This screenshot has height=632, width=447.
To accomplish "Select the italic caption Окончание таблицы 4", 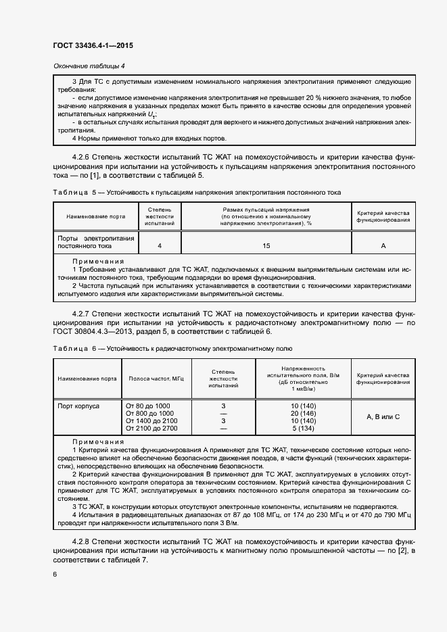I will tap(89, 66).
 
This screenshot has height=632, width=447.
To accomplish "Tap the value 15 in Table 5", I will tap(266, 245).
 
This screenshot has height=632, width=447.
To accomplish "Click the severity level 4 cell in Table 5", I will tap(160, 245).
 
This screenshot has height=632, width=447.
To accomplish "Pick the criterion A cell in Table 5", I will tap(383, 245).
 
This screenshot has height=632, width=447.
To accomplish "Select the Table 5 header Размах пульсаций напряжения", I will tap(266, 210).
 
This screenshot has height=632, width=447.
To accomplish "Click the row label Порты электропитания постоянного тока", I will tap(96, 243).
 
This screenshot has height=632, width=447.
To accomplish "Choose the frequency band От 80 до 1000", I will tap(148, 405).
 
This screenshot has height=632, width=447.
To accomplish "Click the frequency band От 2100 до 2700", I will tap(151, 428).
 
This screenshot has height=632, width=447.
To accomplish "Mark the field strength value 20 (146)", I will tap(304, 413).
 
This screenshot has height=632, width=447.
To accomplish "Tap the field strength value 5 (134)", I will tap(304, 428).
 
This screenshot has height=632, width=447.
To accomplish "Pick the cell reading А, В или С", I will tap(383, 416).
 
